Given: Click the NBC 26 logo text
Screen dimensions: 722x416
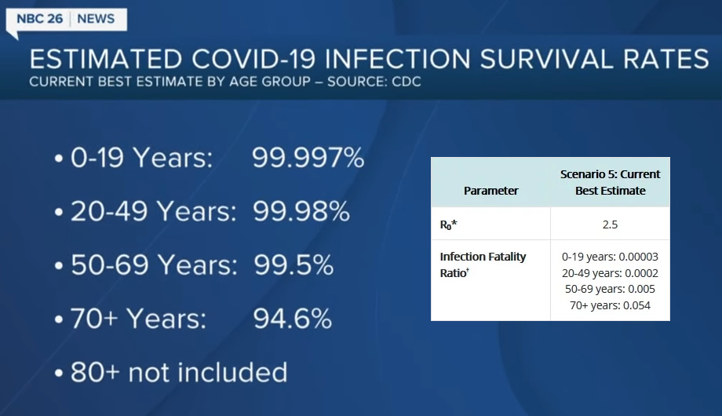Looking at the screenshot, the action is (39, 19).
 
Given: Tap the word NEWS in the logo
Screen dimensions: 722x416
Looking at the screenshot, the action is (96, 19).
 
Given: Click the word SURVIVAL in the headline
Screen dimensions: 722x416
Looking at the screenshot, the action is (546, 59).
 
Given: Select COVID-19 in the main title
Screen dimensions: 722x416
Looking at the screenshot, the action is (253, 59).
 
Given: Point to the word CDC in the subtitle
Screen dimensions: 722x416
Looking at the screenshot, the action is (407, 82).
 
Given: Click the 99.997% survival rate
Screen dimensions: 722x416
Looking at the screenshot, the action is (308, 158).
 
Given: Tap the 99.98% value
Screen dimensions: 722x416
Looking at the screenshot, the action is (301, 211).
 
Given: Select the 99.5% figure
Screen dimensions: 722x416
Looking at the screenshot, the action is (294, 265).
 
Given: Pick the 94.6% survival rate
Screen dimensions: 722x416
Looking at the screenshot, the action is (293, 319).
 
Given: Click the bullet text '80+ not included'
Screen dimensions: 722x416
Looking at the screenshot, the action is (179, 372).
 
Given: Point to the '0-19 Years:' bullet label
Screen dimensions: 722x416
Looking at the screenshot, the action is (141, 158).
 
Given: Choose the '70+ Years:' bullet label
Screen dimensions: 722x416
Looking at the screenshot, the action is (138, 319).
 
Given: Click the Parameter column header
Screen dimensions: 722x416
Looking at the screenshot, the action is (490, 191).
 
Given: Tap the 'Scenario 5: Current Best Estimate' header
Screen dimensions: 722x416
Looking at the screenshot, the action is (610, 182).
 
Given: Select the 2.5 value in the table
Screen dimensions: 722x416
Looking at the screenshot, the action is (610, 224).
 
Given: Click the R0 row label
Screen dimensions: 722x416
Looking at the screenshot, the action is (448, 224).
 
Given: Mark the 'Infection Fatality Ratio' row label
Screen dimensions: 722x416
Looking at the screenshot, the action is (483, 265).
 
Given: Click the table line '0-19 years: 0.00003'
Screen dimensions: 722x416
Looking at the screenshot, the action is (610, 257).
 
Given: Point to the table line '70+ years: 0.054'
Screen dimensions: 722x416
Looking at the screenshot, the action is (610, 305).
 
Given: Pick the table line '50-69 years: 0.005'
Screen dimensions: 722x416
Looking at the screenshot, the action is (610, 289).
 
